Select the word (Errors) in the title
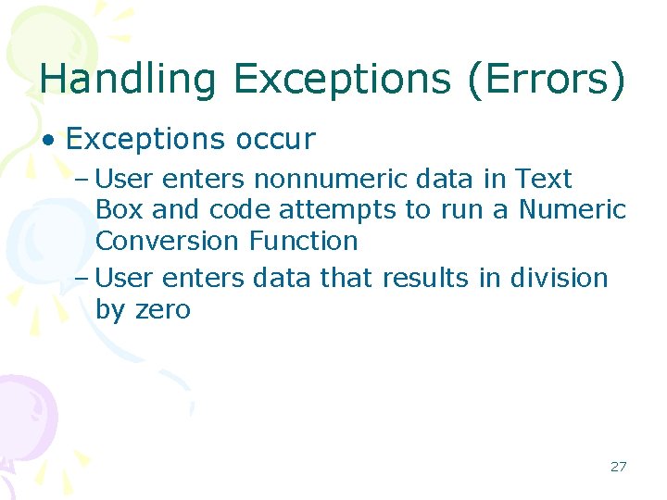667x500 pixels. (x=547, y=80)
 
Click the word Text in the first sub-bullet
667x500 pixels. (x=543, y=178)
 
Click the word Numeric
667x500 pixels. (x=572, y=209)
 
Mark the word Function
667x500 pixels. (x=303, y=241)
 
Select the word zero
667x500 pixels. (x=162, y=309)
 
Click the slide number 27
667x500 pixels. (x=618, y=466)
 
